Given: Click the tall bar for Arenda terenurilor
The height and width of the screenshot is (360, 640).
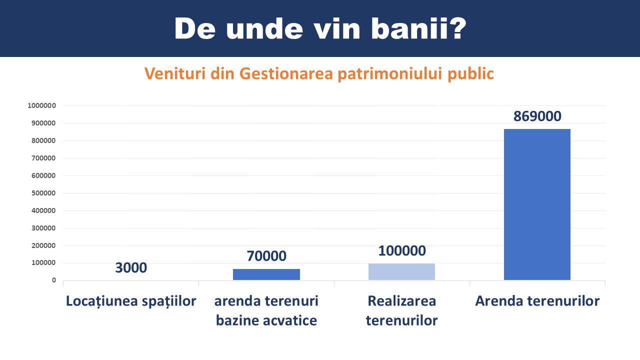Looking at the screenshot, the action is (x=537, y=204).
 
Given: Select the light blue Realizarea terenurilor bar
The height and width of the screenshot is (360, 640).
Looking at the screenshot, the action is (x=401, y=271).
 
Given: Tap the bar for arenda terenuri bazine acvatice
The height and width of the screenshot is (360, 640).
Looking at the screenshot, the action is (x=266, y=274).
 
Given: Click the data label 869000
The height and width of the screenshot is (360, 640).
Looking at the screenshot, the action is (x=537, y=116).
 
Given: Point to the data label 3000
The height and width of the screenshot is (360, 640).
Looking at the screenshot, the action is (x=131, y=267).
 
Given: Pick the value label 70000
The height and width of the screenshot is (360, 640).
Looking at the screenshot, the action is (x=266, y=256).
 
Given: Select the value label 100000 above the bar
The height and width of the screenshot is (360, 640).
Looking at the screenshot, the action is (x=402, y=251).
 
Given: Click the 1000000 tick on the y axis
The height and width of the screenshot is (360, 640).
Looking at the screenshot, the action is (x=41, y=105).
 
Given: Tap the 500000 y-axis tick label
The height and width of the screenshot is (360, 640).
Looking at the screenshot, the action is (x=43, y=193).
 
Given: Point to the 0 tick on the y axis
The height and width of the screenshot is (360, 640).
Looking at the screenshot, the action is (x=53, y=280).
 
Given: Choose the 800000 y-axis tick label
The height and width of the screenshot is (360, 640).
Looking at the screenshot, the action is (x=43, y=140).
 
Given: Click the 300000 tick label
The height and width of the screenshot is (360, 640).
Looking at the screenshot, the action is (x=43, y=228).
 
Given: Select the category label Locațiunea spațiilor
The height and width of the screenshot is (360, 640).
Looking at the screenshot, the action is (x=131, y=301).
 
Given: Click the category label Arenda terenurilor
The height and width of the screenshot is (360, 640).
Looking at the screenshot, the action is (x=537, y=301).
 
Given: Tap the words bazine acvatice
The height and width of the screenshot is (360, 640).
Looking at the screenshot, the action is (x=266, y=320).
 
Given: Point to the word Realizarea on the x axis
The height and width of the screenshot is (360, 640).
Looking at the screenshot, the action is (x=401, y=301).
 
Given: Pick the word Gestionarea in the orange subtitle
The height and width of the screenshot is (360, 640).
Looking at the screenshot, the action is (x=286, y=73).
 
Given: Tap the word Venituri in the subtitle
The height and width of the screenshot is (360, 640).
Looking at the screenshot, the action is (x=175, y=73).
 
